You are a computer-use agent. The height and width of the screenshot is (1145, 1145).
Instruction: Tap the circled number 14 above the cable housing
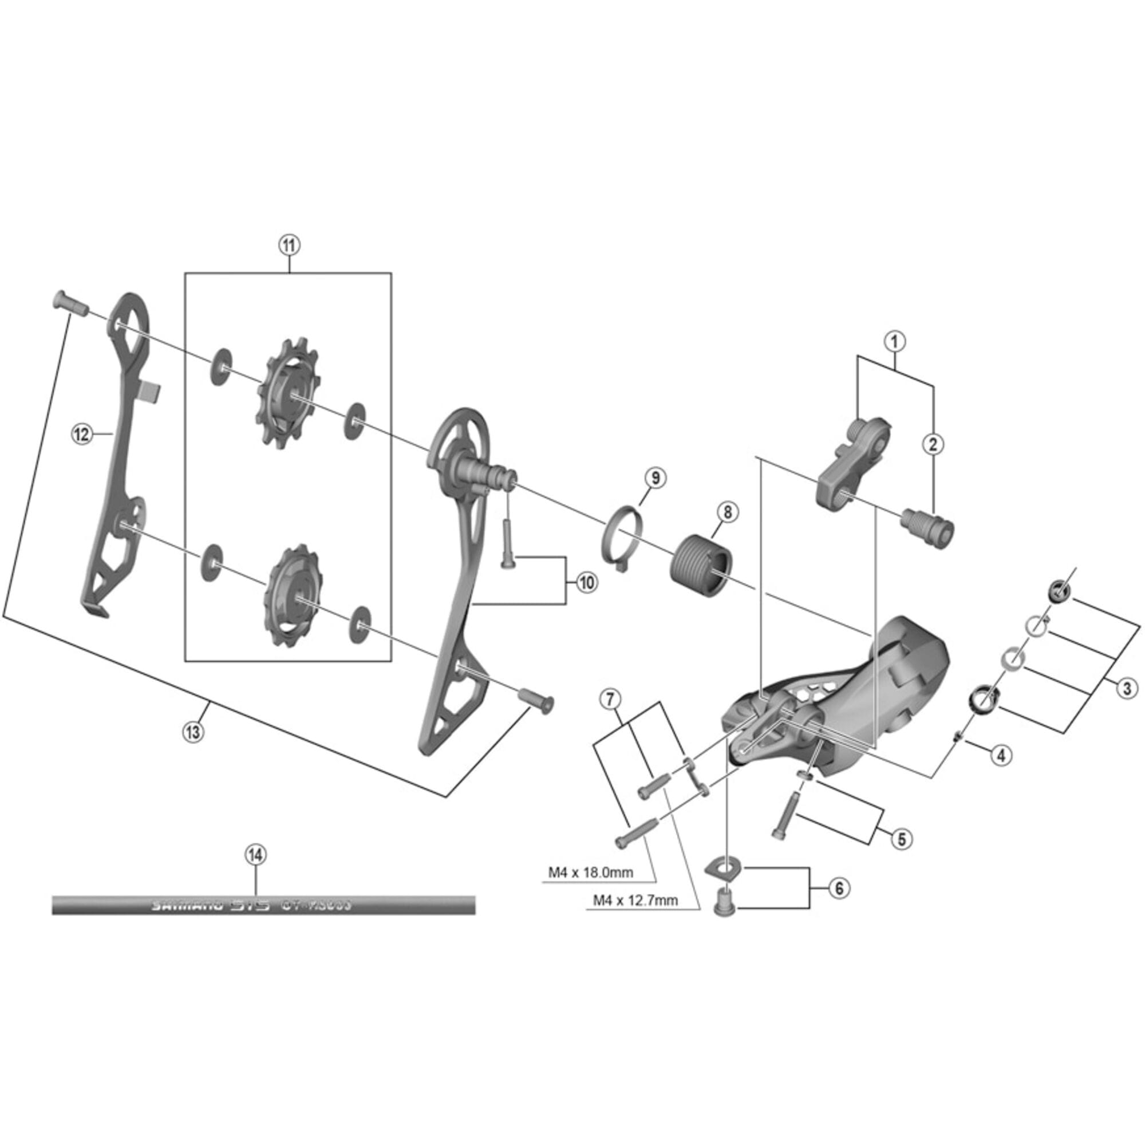click(256, 855)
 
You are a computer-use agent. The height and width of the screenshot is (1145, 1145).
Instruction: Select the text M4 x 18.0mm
click(590, 872)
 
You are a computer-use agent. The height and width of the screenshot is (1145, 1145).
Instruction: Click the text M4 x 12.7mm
click(635, 900)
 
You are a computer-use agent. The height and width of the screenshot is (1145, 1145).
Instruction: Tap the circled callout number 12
click(81, 434)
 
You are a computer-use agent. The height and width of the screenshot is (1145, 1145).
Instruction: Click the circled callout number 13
click(192, 732)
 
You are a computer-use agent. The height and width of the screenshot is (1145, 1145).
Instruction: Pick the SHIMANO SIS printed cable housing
click(263, 905)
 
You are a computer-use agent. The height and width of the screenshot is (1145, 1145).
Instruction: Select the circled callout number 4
click(1001, 755)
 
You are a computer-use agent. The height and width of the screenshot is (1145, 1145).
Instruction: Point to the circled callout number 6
click(839, 888)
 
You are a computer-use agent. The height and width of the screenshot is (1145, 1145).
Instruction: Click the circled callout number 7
click(611, 700)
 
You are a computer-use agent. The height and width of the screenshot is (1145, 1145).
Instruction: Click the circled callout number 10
click(586, 583)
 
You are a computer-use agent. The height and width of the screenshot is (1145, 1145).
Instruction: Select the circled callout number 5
click(902, 838)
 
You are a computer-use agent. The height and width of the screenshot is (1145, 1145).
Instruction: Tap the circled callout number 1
click(895, 341)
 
